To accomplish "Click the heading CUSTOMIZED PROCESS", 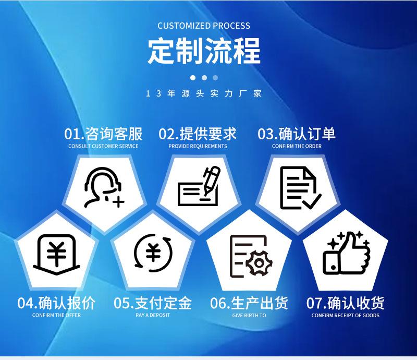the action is point(204,26).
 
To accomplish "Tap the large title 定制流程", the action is point(204,51).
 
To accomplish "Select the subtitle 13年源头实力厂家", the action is point(204,93).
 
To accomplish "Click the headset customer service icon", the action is point(104,187).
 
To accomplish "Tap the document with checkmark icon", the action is point(301,188).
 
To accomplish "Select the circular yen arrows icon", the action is point(153,253).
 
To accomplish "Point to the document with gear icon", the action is point(251,256).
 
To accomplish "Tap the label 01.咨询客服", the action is point(103,134).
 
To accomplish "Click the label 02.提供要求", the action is point(198,134).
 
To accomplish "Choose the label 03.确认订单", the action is point(297,134).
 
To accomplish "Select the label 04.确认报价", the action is point(56,303).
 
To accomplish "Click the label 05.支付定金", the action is point(153,303).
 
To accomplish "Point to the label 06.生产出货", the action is point(249,303).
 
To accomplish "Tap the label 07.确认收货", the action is point(345,303).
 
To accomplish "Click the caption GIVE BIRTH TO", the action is point(249,315).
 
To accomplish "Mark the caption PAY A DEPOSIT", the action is point(153,315).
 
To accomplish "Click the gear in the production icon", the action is point(259,263).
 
